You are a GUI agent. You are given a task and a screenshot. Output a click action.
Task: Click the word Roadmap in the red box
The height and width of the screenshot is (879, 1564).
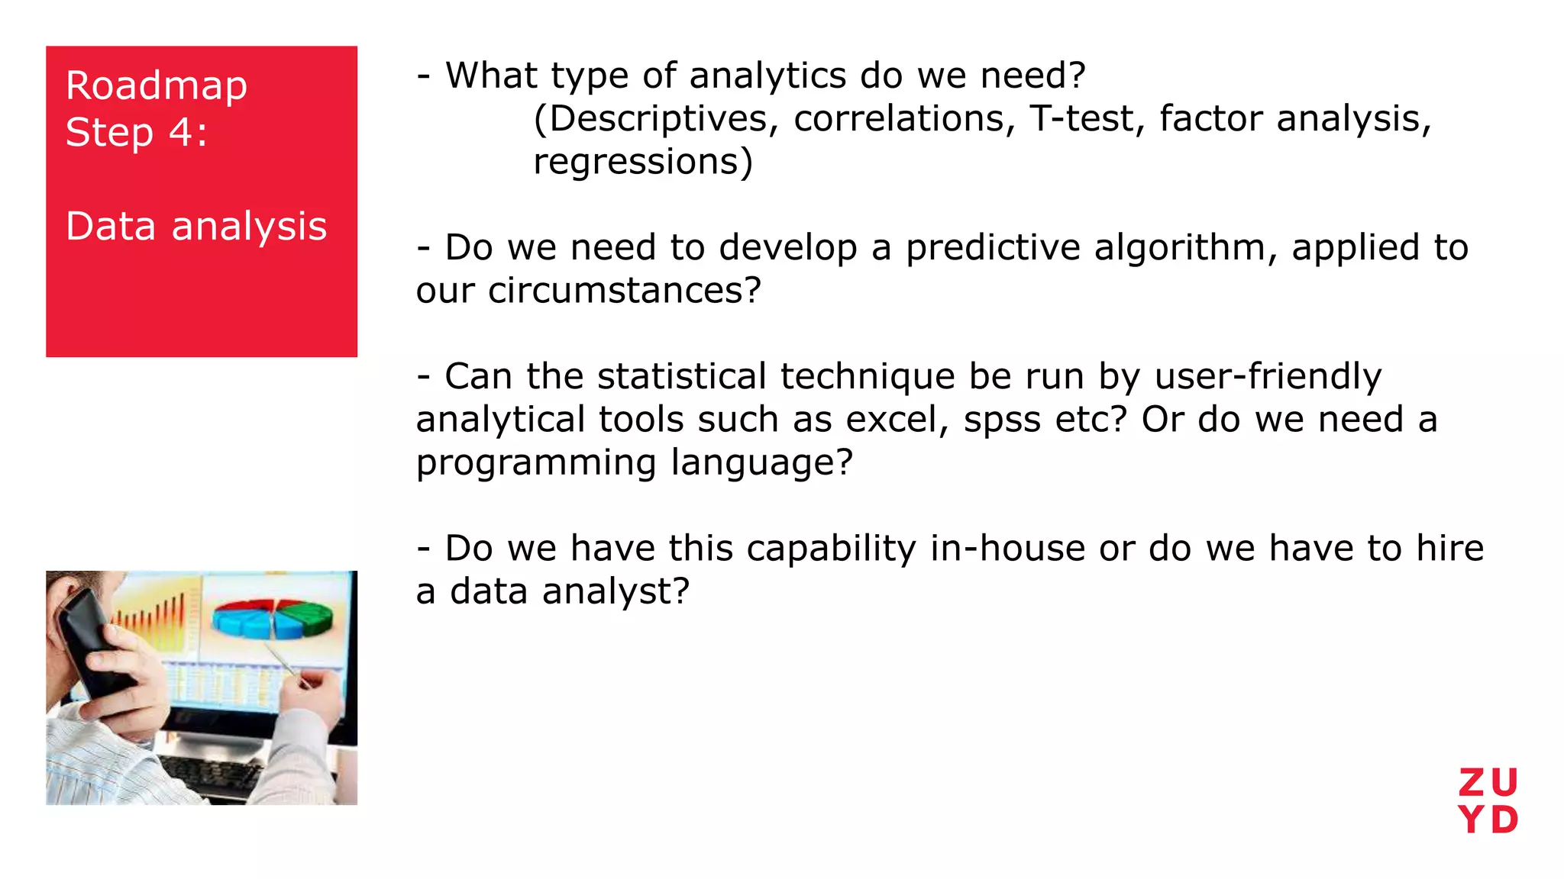click(156, 86)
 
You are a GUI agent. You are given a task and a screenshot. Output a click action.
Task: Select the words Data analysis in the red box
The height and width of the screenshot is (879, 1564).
click(196, 227)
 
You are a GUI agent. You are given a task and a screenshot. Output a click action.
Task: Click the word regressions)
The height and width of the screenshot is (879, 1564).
click(642, 162)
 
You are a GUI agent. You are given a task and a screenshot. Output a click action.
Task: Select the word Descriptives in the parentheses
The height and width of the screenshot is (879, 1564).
click(658, 119)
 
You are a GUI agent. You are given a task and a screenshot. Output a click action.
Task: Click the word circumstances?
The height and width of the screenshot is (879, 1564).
click(624, 291)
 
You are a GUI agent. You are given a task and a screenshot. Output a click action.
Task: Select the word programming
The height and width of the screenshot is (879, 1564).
click(535, 463)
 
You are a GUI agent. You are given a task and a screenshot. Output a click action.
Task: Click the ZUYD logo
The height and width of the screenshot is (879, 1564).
click(1488, 801)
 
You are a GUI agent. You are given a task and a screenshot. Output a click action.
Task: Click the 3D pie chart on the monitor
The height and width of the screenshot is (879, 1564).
click(273, 618)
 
